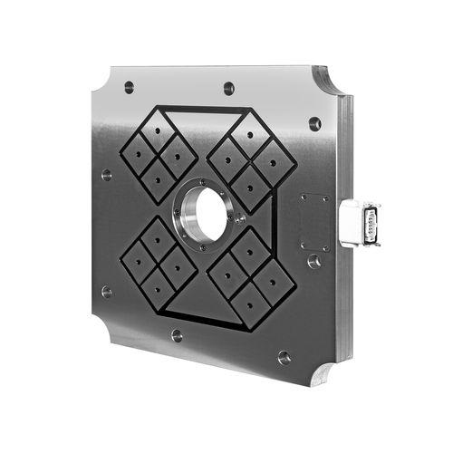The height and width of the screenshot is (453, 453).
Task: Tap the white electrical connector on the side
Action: click(359, 222)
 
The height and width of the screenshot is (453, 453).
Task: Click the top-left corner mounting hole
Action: click(129, 87)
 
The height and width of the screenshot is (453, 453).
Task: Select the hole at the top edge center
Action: click(228, 89)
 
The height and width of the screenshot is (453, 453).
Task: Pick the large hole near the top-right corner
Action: click(314, 123)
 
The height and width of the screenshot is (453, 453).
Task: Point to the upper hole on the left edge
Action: click(107, 174)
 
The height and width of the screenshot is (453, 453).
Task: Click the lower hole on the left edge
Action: click(107, 292)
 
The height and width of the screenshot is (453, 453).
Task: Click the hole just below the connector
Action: click(313, 261)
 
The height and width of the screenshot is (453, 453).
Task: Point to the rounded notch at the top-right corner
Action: click(328, 83)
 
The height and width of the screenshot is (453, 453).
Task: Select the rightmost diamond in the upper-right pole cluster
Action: click(274, 162)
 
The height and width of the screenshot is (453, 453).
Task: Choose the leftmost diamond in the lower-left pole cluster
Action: click(137, 258)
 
